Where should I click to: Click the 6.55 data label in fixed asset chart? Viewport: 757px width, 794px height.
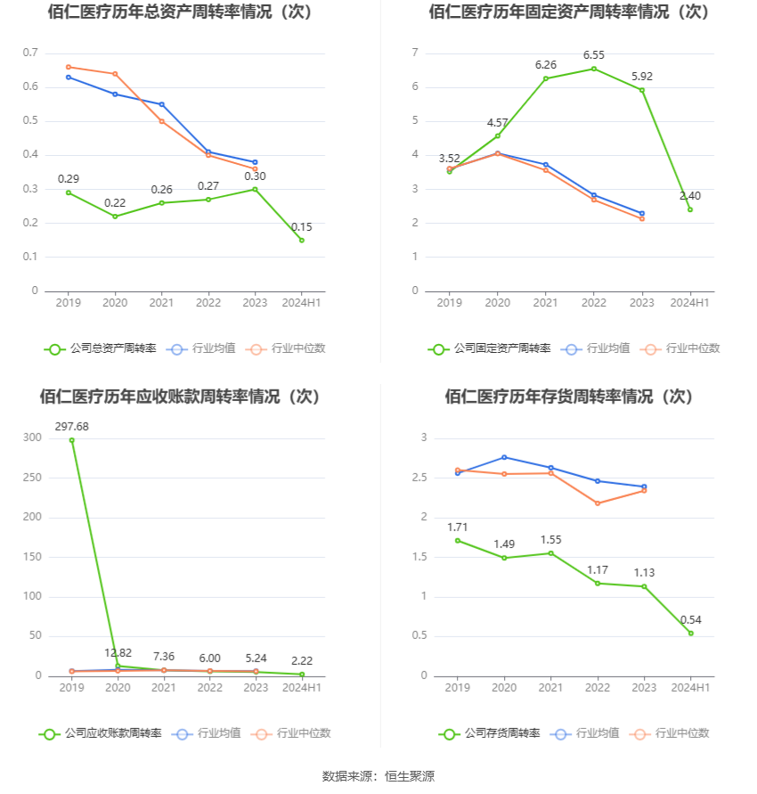point(594,54)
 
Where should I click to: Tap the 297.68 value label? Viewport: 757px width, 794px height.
point(72,426)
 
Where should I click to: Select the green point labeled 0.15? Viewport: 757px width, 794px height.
point(302,240)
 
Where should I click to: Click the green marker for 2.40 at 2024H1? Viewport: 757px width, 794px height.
point(690,209)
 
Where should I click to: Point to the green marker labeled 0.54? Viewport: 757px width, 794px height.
point(691,633)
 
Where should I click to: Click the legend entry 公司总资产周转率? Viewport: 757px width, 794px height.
point(101,348)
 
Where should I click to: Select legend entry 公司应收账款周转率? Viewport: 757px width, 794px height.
point(101,733)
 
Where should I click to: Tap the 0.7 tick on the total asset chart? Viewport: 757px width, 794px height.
point(30,53)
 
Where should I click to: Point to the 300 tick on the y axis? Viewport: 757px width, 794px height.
point(33,438)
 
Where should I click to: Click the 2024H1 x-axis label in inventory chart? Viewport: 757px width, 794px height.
point(690,688)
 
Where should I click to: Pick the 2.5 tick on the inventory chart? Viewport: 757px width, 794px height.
point(419,478)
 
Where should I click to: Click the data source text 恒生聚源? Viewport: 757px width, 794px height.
point(410,776)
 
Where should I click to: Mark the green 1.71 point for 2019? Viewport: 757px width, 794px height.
point(458,540)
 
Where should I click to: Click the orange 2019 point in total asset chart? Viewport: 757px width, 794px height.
point(69,67)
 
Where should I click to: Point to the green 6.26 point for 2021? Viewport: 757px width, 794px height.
point(545,78)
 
